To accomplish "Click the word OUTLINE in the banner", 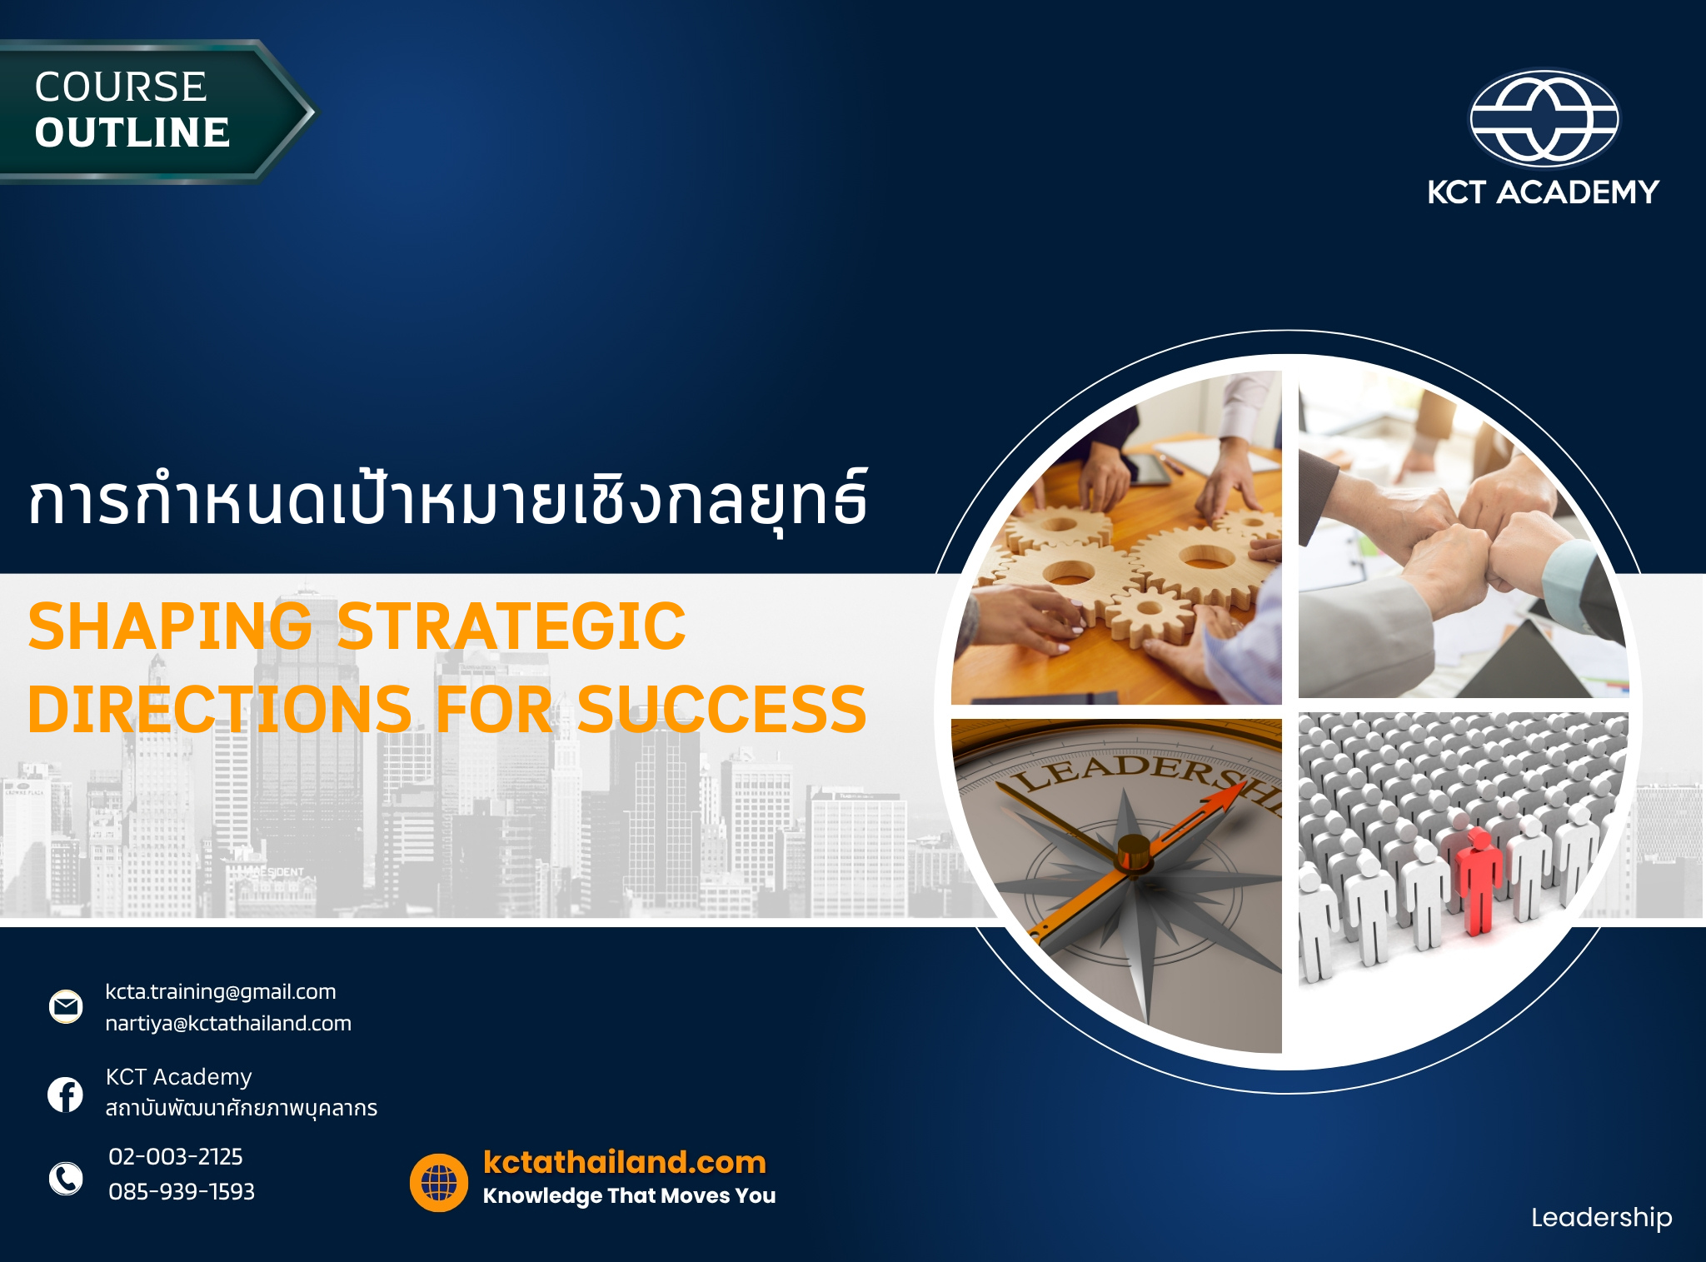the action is [132, 133].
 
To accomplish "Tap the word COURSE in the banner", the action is [121, 87].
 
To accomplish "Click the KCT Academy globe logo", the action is [1544, 118].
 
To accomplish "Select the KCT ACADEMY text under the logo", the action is [1544, 192].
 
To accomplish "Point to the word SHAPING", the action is [170, 626].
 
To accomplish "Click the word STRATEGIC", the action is [511, 626].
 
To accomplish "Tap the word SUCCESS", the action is [721, 710].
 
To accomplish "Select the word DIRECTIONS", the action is [220, 710].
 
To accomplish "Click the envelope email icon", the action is [66, 1006].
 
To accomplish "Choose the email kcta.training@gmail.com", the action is [221, 992].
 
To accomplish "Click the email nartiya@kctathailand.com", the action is [228, 1024].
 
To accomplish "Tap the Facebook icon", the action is [66, 1095].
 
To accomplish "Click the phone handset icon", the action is [66, 1179].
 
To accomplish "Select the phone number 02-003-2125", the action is [176, 1157].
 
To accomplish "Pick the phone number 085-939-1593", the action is [182, 1192].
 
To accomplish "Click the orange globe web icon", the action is [439, 1182].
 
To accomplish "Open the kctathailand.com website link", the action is [625, 1162].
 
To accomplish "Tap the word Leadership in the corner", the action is [1601, 1218].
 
